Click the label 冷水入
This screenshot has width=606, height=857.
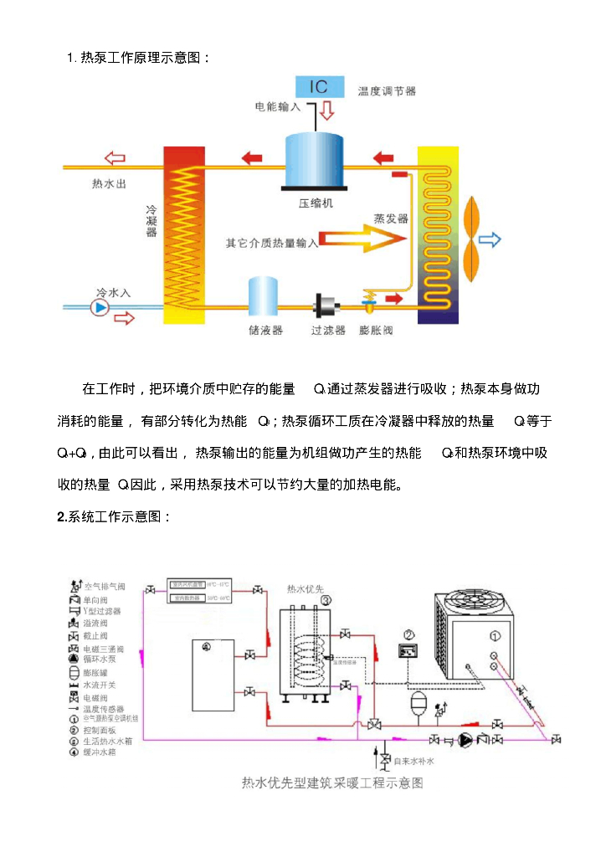pos(113,293)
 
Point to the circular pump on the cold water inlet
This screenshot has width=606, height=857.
pos(100,308)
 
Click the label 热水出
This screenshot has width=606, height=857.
pos(110,183)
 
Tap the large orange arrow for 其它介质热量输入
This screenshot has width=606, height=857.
pos(359,239)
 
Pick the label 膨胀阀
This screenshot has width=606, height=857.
pos(375,331)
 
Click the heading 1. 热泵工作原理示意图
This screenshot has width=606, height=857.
pos(139,58)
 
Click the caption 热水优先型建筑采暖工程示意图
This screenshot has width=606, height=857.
pos(332,783)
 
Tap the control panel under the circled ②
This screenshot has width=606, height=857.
pos(408,650)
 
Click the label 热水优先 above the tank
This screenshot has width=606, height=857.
pos(306,588)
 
